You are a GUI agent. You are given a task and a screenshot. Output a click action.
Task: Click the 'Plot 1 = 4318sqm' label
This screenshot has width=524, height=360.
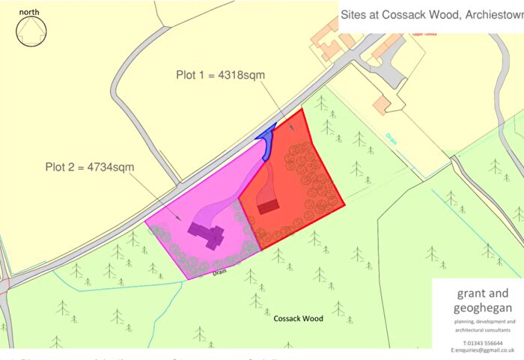(220, 75)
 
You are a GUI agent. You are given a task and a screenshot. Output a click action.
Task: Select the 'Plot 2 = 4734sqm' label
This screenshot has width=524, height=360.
(90, 166)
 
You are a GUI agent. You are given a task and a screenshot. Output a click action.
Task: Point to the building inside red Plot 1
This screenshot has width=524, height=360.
(268, 204)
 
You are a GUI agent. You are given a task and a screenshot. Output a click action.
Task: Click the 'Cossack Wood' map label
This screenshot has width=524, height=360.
(297, 318)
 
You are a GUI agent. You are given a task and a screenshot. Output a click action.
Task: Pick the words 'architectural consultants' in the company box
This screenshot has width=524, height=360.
(477, 330)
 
